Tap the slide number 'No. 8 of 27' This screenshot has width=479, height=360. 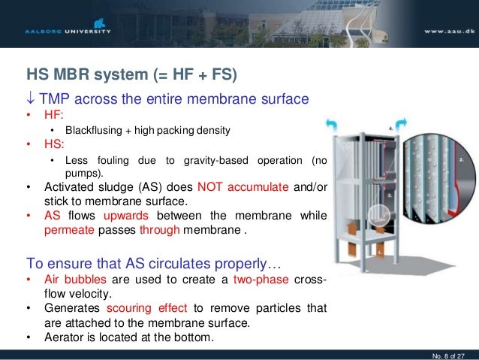(x=447, y=352)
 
